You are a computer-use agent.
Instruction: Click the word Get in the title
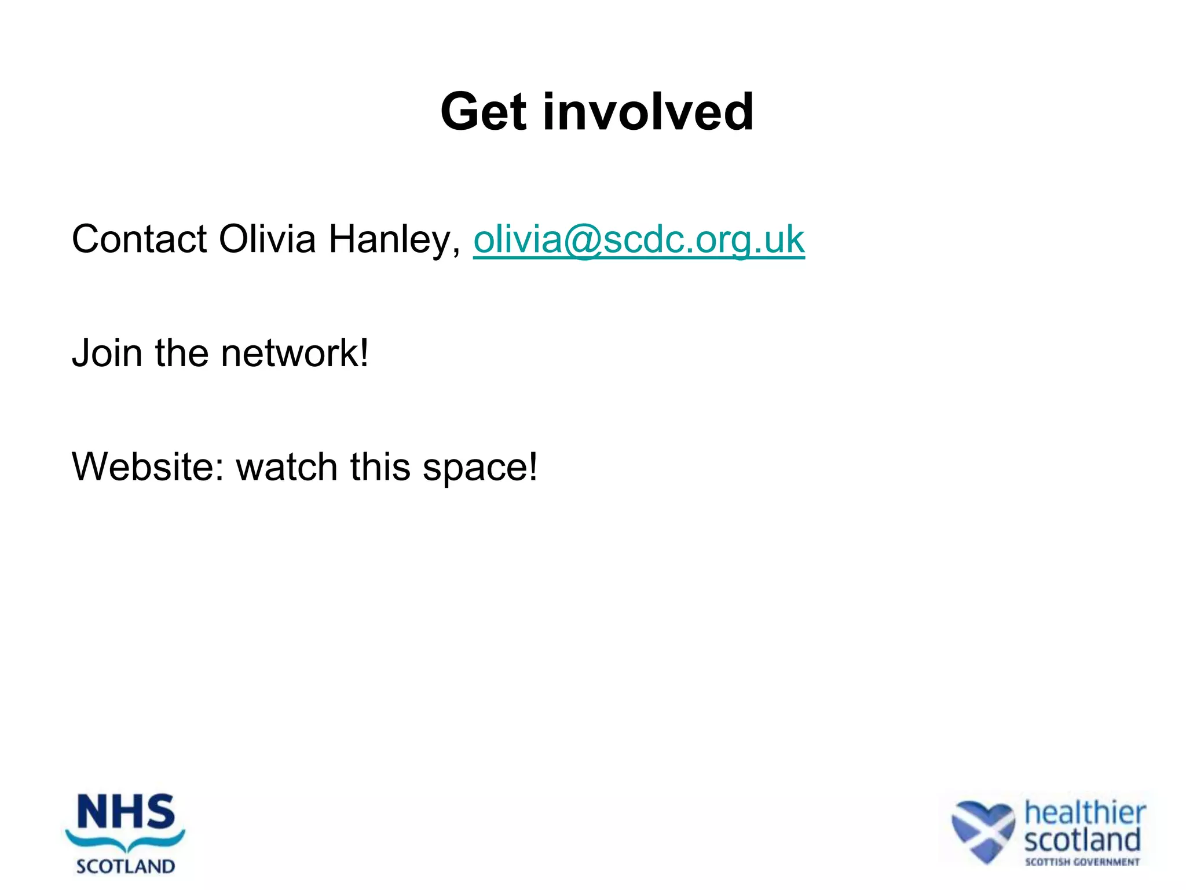pyautogui.click(x=483, y=112)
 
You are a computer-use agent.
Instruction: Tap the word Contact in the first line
pyautogui.click(x=139, y=239)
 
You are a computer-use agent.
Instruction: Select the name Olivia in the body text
pyautogui.click(x=267, y=239)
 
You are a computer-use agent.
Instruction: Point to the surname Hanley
pyautogui.click(x=394, y=240)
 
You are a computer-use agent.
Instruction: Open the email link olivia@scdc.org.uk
pyautogui.click(x=639, y=240)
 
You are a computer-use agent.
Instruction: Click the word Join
pyautogui.click(x=107, y=353)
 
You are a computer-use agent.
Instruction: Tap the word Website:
pyautogui.click(x=148, y=466)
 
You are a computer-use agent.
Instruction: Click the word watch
pyautogui.click(x=287, y=466)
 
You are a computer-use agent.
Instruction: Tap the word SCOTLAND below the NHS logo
pyautogui.click(x=126, y=867)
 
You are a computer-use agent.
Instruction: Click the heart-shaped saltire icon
pyautogui.click(x=983, y=830)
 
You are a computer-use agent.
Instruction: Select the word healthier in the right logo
pyautogui.click(x=1085, y=812)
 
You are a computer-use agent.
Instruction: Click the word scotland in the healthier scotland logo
pyautogui.click(x=1082, y=840)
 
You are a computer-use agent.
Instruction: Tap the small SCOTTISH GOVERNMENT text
pyautogui.click(x=1082, y=862)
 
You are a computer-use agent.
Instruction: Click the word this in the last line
pyautogui.click(x=380, y=466)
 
